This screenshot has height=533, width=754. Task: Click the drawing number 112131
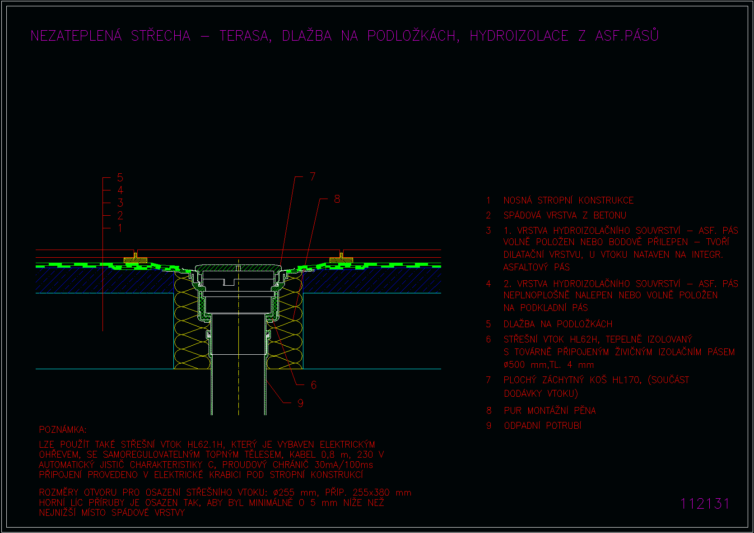704,504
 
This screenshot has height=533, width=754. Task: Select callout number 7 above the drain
313,176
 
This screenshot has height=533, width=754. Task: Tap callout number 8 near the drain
337,199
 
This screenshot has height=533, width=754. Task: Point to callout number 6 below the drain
314,385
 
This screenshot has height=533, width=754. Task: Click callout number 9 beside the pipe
301,403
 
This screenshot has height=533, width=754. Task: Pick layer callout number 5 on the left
120,177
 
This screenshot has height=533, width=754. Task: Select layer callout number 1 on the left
120,228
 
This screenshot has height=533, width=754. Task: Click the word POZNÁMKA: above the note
63,430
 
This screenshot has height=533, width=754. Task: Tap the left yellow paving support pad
135,260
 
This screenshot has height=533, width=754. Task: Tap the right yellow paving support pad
341,260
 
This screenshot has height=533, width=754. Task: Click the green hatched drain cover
238,268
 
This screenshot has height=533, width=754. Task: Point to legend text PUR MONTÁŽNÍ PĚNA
549,411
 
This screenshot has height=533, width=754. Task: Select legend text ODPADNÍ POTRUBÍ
543,426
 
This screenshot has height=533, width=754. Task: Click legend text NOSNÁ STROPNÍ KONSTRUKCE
568,200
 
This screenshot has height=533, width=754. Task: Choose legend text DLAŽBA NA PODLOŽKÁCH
558,324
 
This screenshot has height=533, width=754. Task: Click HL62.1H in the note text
205,445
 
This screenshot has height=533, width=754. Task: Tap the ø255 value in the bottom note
284,493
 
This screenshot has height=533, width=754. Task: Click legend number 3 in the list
489,231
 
